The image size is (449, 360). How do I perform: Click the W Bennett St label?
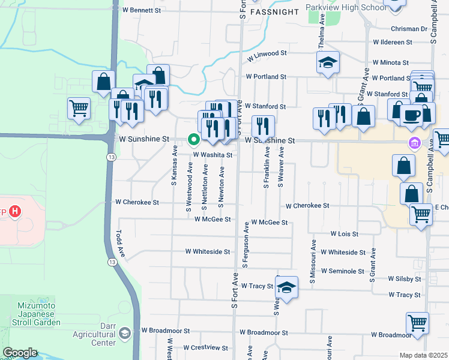pos(142,10)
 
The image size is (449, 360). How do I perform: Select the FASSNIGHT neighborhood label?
pos(274,12)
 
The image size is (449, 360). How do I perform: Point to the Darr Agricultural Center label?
pos(94,338)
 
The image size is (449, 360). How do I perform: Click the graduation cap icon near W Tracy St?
pos(287,288)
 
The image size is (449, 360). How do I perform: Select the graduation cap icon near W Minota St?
pos(328,62)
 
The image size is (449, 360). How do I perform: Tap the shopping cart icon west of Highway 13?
pos(79,109)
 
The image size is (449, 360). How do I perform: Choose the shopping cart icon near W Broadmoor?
pos(417,323)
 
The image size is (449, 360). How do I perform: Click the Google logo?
pos(20,353)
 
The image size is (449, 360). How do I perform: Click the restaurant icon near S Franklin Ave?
pos(263,127)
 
